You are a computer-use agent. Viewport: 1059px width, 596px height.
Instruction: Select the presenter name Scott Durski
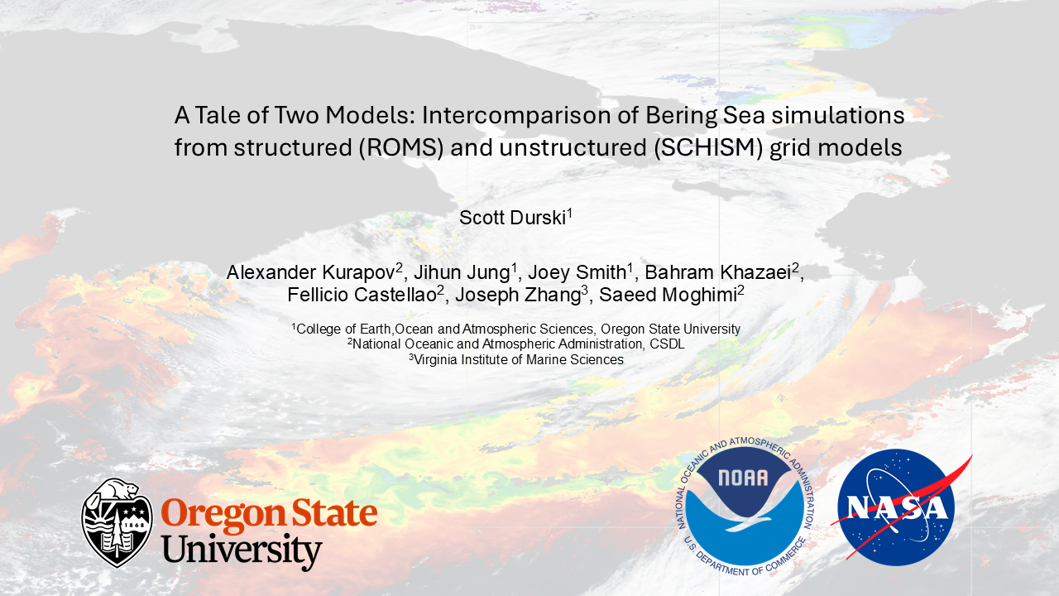pos(512,218)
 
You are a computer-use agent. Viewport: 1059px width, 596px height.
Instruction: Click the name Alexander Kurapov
pos(311,272)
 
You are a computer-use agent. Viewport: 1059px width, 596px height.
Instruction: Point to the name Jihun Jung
pos(462,272)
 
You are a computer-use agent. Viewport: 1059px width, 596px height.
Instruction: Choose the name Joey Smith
pos(577,272)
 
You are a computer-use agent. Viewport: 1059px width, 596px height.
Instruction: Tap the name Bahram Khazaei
pos(718,272)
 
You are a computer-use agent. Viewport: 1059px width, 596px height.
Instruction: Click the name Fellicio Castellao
pos(362,295)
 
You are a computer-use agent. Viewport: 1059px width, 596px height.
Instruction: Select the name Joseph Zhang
pos(518,295)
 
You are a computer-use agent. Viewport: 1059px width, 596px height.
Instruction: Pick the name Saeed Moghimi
pos(668,295)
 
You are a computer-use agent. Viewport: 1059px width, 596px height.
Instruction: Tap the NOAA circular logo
pos(745,506)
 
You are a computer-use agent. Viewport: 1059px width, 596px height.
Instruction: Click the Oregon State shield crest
pos(117,522)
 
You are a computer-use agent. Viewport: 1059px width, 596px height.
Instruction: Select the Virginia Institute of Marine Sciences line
pos(516,360)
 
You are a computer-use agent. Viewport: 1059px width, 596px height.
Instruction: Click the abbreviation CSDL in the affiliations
pos(667,344)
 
